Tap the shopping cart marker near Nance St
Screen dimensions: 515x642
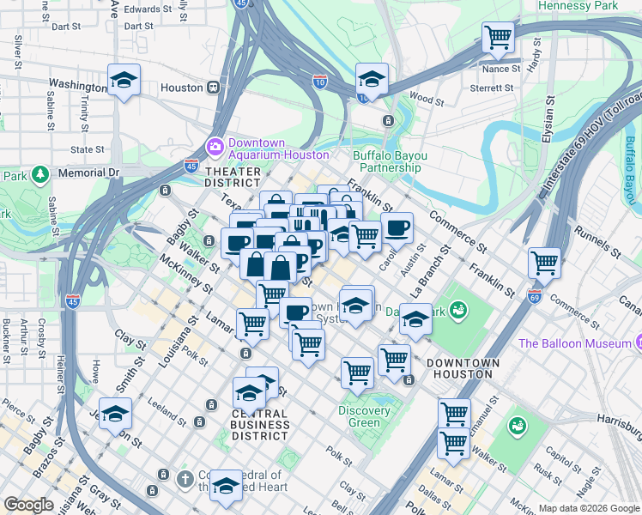pyautogui.click(x=498, y=39)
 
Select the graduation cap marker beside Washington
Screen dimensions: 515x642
pyautogui.click(x=124, y=81)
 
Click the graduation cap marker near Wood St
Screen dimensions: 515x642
pyautogui.click(x=372, y=80)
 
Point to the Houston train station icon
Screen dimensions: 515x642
pyautogui.click(x=212, y=88)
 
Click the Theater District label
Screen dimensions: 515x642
pyautogui.click(x=233, y=178)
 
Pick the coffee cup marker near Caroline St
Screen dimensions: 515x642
pyautogui.click(x=397, y=229)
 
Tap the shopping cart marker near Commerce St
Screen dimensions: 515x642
pyautogui.click(x=544, y=264)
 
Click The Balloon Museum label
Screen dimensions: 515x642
pyautogui.click(x=574, y=343)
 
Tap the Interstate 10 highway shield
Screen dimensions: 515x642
pyautogui.click(x=319, y=81)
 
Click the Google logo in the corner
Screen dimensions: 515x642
pyautogui.click(x=28, y=505)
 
